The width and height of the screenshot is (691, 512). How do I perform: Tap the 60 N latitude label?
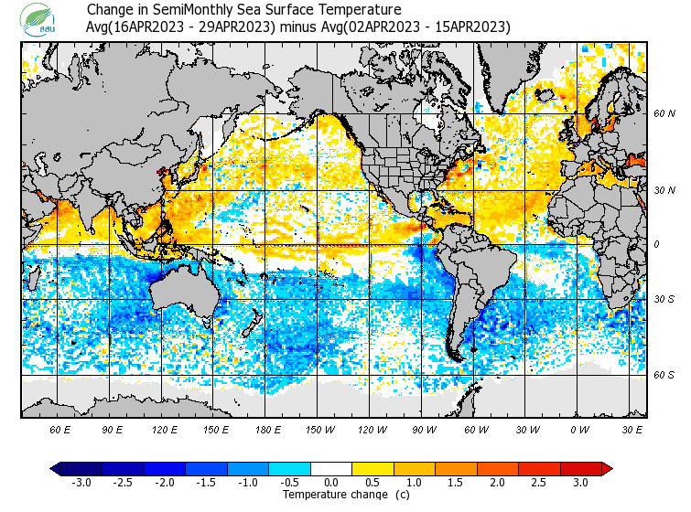pos(664,114)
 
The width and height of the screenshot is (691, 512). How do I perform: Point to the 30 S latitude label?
pos(664,300)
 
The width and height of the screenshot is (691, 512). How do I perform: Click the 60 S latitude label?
pos(664,375)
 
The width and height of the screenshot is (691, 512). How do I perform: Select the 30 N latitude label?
pos(664,190)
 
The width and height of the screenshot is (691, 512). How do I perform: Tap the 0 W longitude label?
pos(579,429)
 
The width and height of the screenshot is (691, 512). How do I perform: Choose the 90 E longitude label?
pos(113,429)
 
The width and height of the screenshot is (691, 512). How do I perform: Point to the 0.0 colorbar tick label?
pos(331,483)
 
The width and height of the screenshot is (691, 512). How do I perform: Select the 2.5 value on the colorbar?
pos(547,483)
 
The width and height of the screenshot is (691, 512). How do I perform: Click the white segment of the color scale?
pos(331,468)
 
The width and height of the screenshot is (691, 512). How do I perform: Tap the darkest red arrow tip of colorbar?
pos(608,468)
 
